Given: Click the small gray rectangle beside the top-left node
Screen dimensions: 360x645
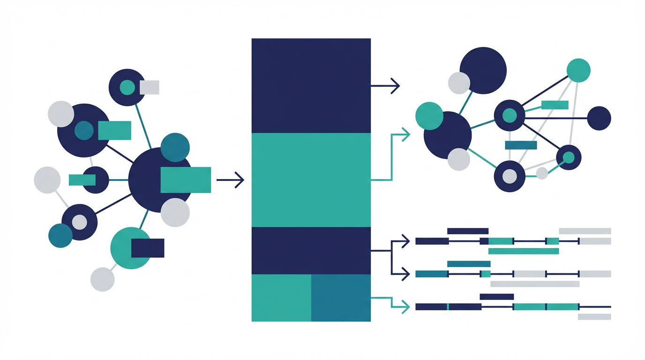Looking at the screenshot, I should pos(150,87).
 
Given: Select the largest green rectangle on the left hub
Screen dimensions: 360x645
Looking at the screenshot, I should pos(186,180).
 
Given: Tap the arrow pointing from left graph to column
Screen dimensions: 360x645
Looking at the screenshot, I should pos(230,180).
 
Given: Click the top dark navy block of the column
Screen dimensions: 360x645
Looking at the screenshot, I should pos(311,85).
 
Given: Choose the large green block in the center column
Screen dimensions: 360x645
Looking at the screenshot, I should pos(311,180).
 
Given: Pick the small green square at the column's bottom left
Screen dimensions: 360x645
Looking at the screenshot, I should pos(281,298).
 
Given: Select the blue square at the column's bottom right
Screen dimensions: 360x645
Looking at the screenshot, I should pos(341,298).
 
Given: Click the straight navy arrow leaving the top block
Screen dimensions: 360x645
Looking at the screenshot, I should pos(385,86).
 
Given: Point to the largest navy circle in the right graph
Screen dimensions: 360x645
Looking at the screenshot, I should pos(483,70).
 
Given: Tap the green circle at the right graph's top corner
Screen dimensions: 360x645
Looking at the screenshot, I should pos(578,70).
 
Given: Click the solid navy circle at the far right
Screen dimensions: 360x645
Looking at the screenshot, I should pos(599,118).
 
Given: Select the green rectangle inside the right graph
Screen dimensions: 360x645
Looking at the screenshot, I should pos(555,105).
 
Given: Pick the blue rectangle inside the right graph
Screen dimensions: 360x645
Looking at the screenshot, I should pos(521,145).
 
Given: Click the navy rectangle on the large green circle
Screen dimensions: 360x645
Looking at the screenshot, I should pos(148,248).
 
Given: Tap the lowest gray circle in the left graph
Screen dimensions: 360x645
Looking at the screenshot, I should pos(102,279).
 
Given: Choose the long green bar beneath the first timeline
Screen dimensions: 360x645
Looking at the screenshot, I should pos(524,251).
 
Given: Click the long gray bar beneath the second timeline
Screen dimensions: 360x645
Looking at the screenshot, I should pos(535,284).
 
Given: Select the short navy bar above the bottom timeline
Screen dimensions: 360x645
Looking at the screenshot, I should pos(497,297).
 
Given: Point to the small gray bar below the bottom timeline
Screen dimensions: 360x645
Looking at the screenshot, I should pos(594,317).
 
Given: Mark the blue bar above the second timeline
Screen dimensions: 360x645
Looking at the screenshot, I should pos(469,264).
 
